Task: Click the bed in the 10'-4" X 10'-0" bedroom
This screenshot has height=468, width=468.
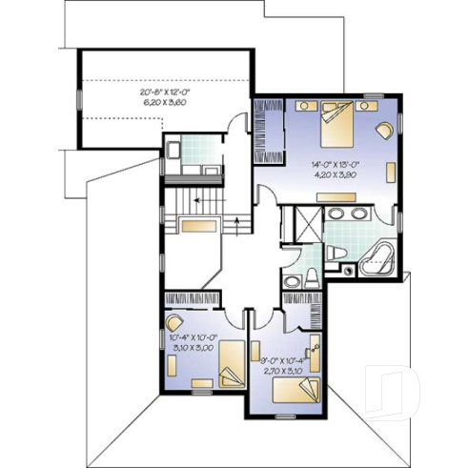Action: click(x=231, y=367)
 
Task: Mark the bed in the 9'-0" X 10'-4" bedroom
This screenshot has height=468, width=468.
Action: click(x=306, y=389)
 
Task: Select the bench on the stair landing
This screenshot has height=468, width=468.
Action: click(x=200, y=226)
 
